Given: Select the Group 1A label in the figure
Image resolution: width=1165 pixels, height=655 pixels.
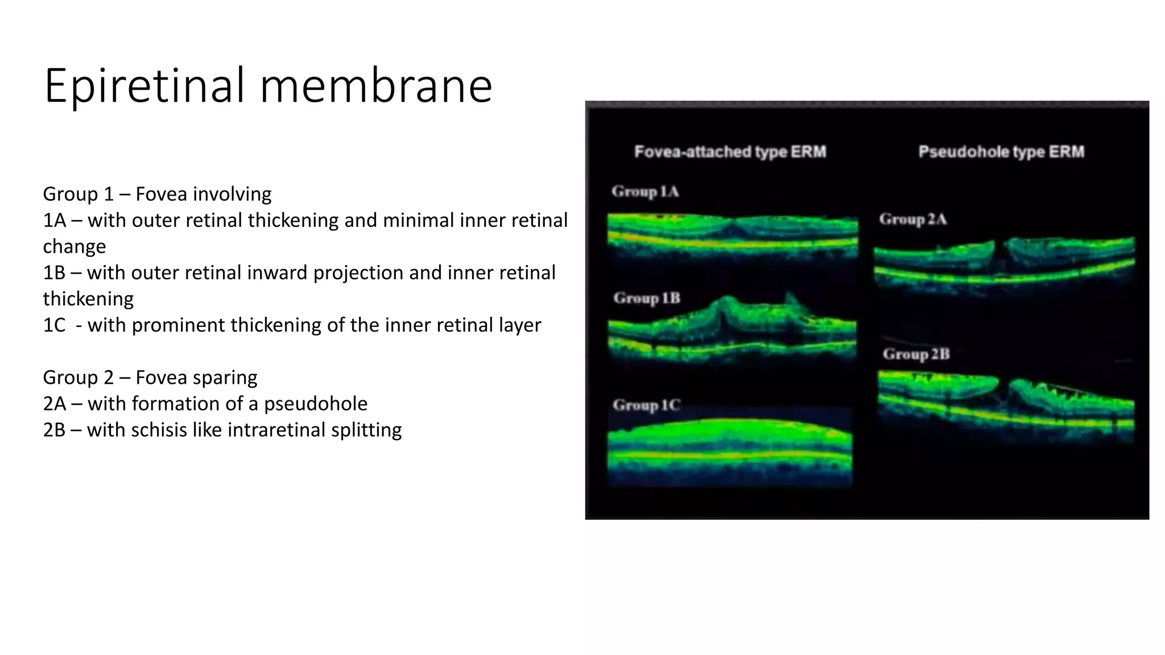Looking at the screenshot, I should [645, 192].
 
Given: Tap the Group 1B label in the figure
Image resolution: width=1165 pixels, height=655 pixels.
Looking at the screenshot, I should [646, 298].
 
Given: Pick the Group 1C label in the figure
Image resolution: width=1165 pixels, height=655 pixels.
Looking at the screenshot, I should [646, 405].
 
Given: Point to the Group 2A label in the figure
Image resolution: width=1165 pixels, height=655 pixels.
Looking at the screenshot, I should [912, 219].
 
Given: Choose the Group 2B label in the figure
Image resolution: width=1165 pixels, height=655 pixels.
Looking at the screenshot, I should [916, 354].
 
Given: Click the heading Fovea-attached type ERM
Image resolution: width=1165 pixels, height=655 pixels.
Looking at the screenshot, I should [730, 152].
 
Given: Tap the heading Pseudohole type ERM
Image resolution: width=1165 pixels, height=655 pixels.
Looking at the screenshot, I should [1001, 152].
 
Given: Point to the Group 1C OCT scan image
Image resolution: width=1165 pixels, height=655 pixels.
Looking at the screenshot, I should [730, 449].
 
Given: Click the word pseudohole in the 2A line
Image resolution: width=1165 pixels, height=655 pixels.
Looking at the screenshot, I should [316, 404].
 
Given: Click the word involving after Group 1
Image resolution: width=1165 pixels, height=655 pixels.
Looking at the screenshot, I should [232, 194].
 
